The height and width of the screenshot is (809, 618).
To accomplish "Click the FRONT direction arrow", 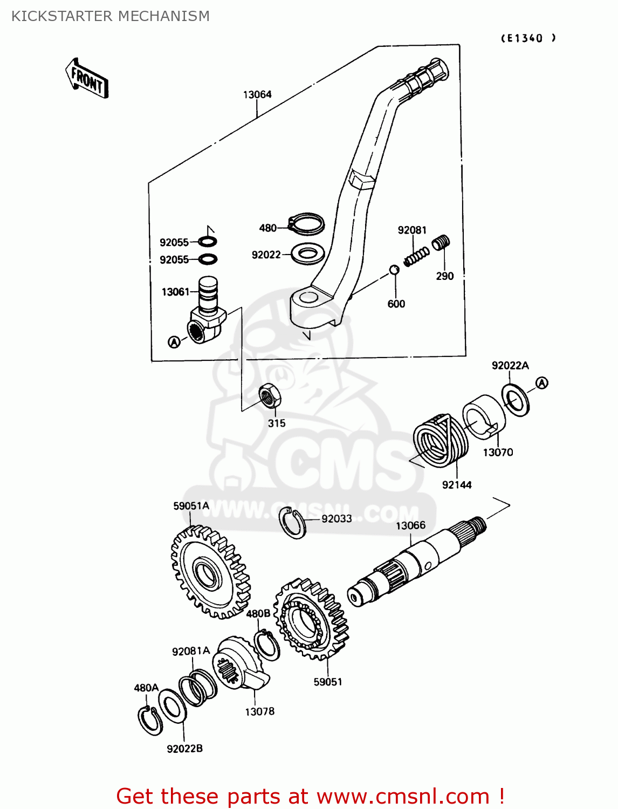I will pyautogui.click(x=87, y=79).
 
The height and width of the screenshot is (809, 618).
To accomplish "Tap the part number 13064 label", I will pyautogui.click(x=257, y=94).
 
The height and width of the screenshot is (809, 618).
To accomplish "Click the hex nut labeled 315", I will pyautogui.click(x=270, y=396).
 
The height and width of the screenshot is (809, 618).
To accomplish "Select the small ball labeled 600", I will pyautogui.click(x=394, y=270).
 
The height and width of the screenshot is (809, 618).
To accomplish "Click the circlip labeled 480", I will pyautogui.click(x=306, y=224).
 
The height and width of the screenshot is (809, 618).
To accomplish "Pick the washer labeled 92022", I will pyautogui.click(x=307, y=253).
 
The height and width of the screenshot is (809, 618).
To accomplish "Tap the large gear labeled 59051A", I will pyautogui.click(x=209, y=573).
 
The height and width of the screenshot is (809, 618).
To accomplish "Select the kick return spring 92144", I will pyautogui.click(x=438, y=440).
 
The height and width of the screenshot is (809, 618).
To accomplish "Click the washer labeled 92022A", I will pyautogui.click(x=516, y=400).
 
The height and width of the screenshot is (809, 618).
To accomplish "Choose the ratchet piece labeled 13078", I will pyautogui.click(x=237, y=663).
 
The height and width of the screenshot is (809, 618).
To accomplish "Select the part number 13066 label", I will pyautogui.click(x=410, y=525).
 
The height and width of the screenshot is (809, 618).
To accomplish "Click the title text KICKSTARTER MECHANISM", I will pyautogui.click(x=111, y=16).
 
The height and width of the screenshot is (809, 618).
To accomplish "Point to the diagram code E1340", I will pyautogui.click(x=528, y=38).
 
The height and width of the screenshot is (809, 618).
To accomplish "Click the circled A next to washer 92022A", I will pyautogui.click(x=542, y=383).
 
